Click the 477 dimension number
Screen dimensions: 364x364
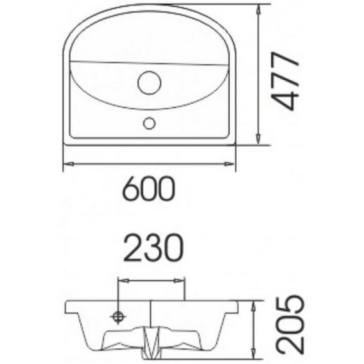[285, 81]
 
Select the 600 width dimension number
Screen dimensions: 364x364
[149, 188]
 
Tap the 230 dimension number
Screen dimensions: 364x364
[153, 248]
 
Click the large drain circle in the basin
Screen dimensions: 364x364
[149, 83]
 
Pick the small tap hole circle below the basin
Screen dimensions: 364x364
[149, 123]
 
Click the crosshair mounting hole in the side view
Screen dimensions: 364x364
[119, 317]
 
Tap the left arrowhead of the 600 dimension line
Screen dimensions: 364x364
[68, 164]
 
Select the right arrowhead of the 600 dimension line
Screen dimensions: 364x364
[229, 164]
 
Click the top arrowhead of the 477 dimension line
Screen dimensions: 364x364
[258, 10]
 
